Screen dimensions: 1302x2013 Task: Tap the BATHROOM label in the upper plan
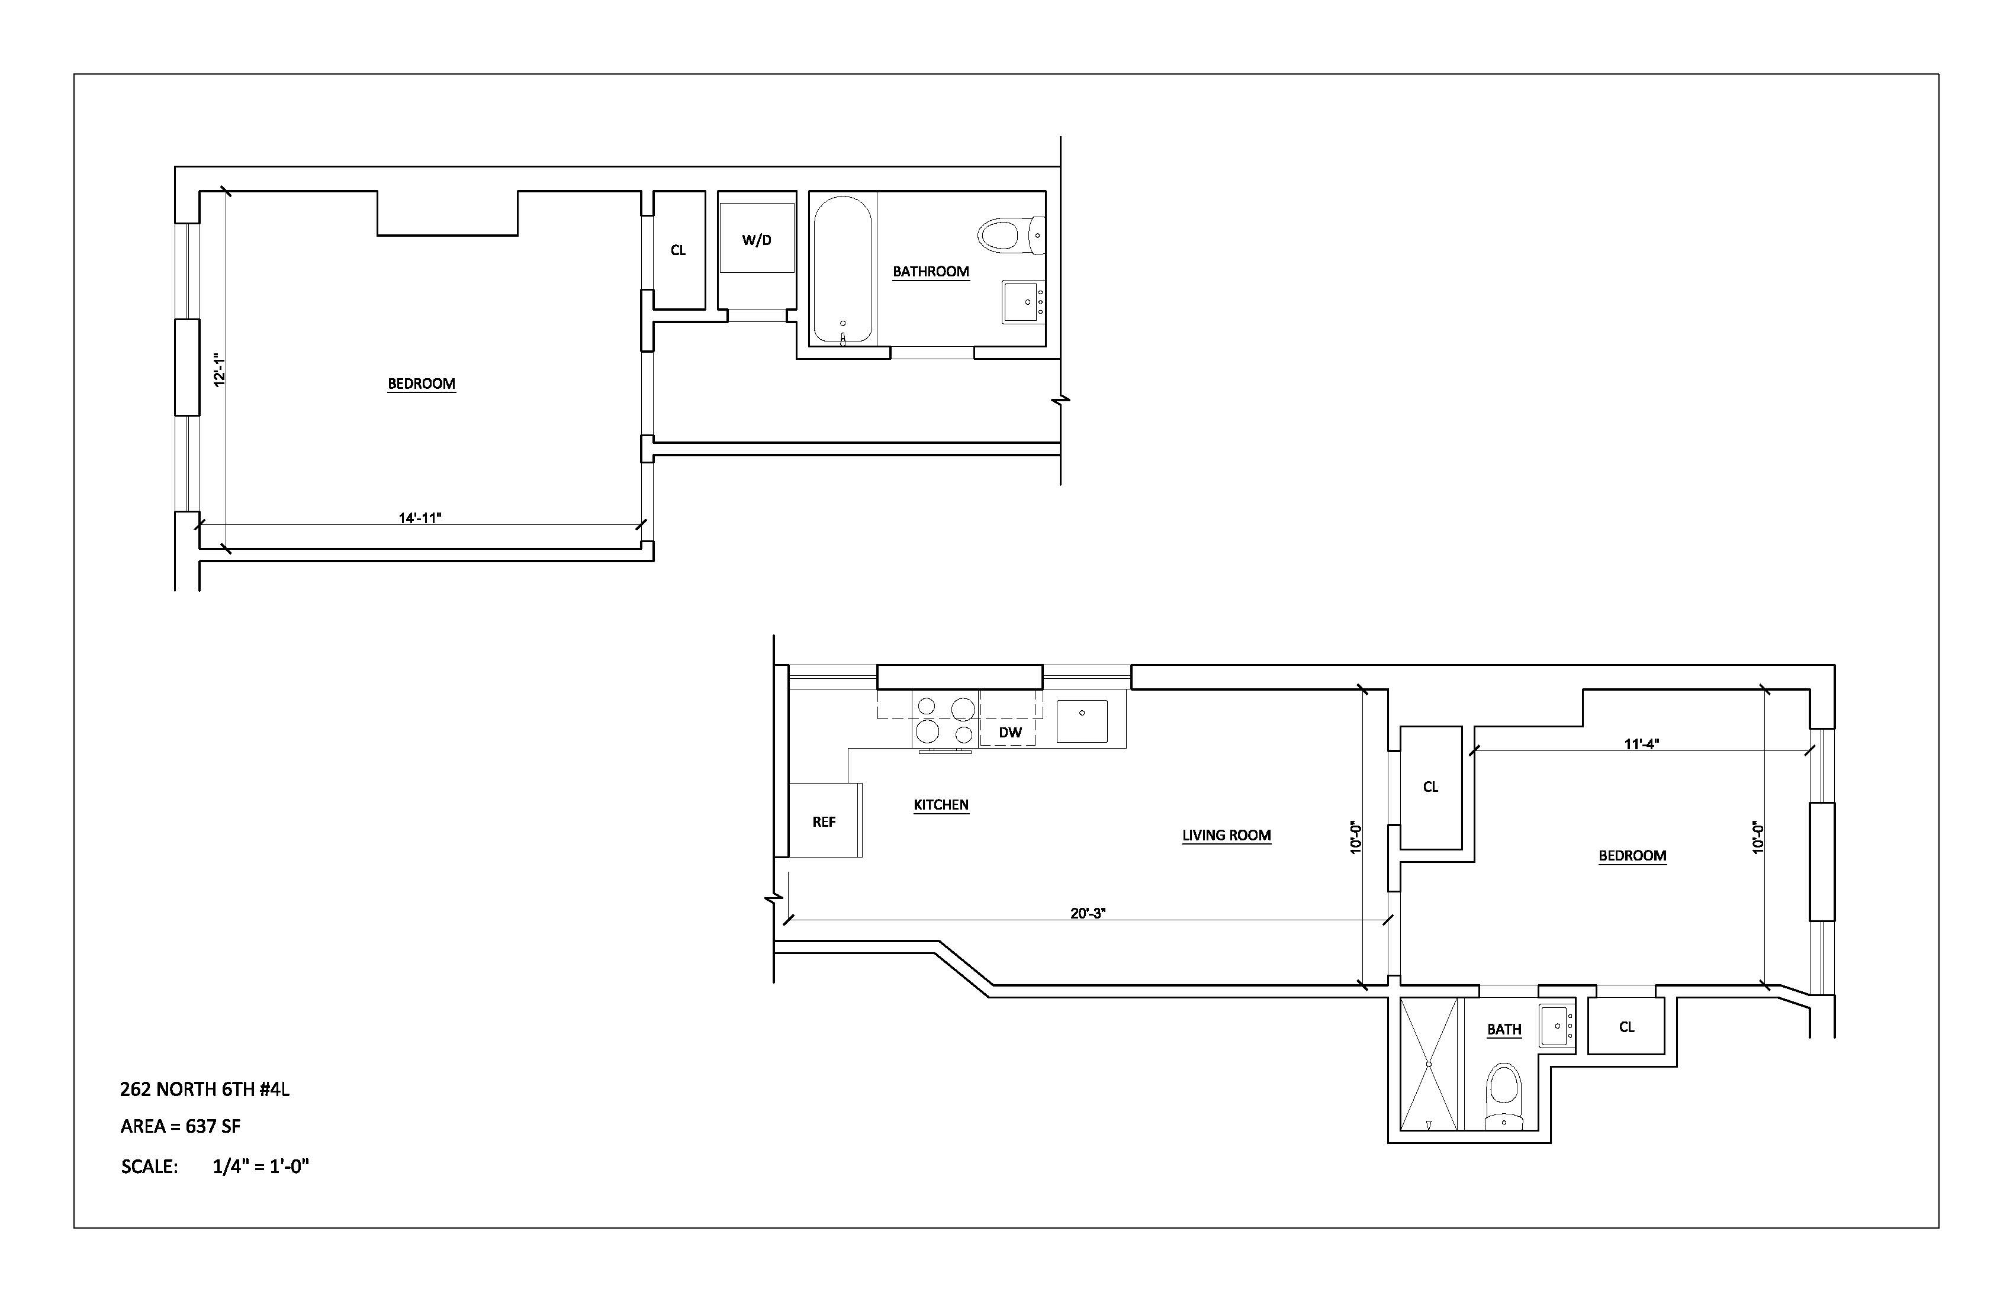[x=930, y=272]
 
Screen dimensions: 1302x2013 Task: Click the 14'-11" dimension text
[x=420, y=517]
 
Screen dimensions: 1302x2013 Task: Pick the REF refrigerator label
[x=824, y=822]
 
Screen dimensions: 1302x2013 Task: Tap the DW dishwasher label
[x=1010, y=732]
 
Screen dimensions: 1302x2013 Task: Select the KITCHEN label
[x=941, y=805]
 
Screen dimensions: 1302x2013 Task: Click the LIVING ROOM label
[x=1226, y=835]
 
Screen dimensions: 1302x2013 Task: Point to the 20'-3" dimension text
[x=1088, y=913]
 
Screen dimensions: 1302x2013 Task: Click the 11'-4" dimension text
[x=1641, y=744]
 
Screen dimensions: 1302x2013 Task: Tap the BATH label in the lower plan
[x=1504, y=1029]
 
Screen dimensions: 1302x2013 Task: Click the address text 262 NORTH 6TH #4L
[x=205, y=1089]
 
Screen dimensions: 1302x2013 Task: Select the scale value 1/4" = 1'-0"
[x=261, y=1166]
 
